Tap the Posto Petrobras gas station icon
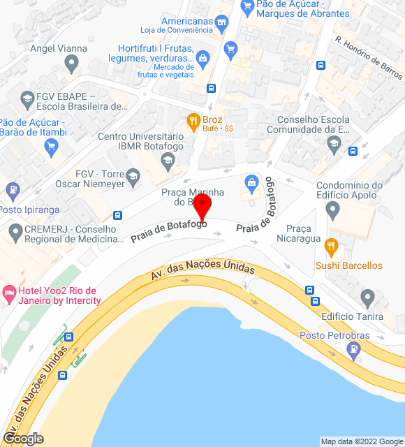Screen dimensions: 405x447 pyautogui.click(x=353, y=351)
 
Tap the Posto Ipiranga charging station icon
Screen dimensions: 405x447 pyautogui.click(x=12, y=190)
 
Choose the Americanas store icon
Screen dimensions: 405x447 pyautogui.click(x=222, y=25)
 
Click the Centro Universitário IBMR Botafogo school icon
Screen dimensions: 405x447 pyautogui.click(x=167, y=161)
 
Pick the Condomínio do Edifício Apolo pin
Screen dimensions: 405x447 pyautogui.click(x=332, y=210)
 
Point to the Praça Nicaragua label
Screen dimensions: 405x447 pyautogui.click(x=304, y=234)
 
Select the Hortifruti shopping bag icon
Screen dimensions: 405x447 pyautogui.click(x=202, y=57)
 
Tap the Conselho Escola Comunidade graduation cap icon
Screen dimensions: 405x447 pyautogui.click(x=334, y=144)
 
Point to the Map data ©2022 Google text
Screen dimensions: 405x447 pyautogui.click(x=361, y=441)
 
